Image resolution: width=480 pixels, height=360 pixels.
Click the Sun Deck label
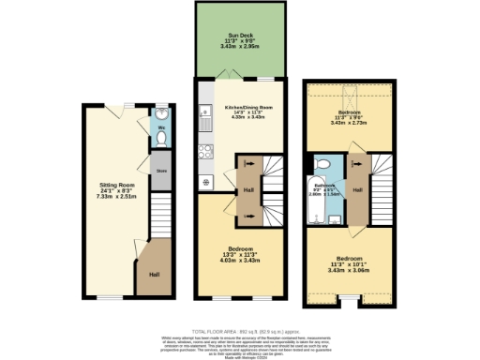239,41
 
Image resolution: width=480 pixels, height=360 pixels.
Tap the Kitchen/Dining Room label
243,112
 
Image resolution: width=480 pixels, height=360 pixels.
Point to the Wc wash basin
161,118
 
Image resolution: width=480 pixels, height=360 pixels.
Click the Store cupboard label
161,172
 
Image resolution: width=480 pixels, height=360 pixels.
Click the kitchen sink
203,120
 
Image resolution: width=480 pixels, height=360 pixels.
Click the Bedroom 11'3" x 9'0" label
345,118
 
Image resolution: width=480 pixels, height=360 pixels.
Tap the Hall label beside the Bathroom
358,189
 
